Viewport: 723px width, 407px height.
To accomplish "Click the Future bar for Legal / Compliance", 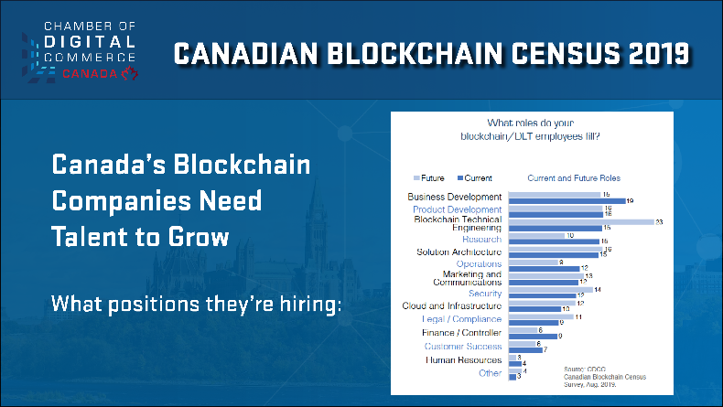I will coord(540,316).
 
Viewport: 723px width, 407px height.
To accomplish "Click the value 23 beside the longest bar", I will coord(659,221).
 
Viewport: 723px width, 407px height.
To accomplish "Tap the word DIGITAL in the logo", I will coord(90,42).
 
